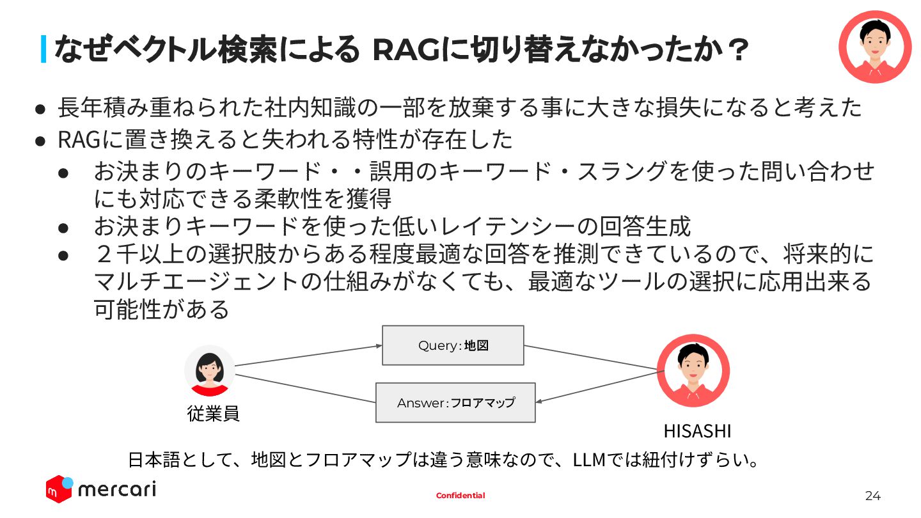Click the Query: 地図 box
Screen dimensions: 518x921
tap(453, 345)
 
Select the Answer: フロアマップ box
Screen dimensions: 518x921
tap(455, 403)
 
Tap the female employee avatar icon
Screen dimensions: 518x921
tap(209, 371)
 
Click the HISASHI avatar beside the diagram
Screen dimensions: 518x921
tap(693, 370)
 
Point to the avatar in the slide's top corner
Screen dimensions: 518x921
tap(874, 47)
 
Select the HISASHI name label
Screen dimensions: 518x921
tap(697, 431)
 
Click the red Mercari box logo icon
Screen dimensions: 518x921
tap(59, 489)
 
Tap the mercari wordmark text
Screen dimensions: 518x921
tap(117, 490)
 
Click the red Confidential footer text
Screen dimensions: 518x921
tap(460, 496)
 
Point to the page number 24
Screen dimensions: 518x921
tap(873, 496)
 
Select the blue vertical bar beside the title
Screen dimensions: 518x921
tap(43, 49)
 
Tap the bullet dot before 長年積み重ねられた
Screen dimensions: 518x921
tap(40, 109)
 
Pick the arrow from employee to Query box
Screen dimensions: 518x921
tap(307, 356)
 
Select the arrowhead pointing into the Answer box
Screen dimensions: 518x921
tap(539, 402)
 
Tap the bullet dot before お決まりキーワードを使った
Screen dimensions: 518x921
tap(63, 227)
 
